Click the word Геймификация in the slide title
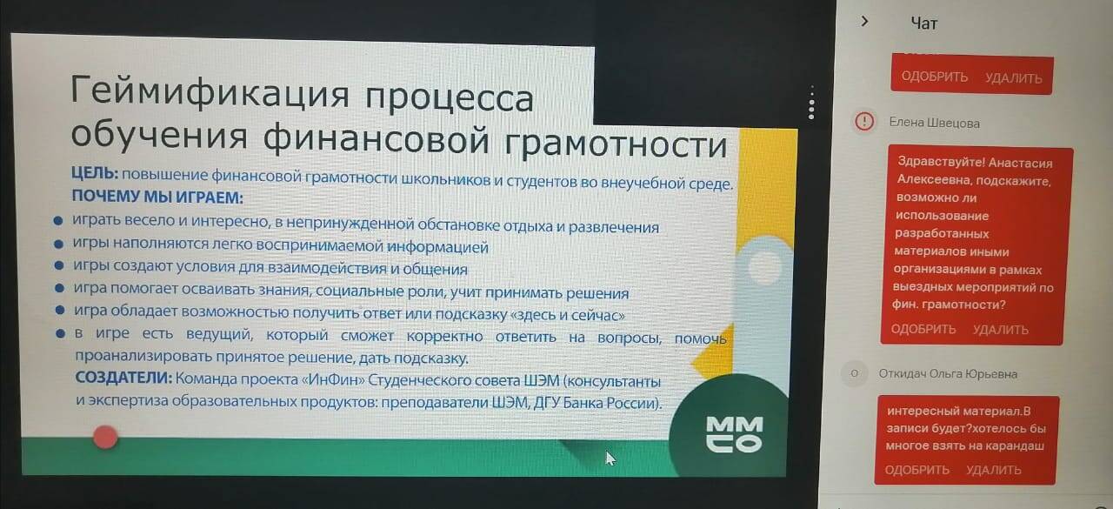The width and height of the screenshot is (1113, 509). (x=210, y=92)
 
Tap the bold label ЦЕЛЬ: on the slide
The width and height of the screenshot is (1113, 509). (x=95, y=173)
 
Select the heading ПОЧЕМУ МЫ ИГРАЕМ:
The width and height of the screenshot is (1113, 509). (x=157, y=197)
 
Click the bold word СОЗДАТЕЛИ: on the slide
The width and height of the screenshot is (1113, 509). (x=123, y=378)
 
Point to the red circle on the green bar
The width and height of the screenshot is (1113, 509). (x=105, y=438)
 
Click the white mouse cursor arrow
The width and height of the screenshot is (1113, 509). (x=610, y=459)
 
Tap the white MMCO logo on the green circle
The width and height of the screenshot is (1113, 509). (x=735, y=434)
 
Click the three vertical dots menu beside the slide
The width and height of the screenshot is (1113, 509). (x=811, y=103)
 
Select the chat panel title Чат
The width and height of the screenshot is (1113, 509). (x=924, y=23)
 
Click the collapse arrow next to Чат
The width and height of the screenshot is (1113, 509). (x=865, y=22)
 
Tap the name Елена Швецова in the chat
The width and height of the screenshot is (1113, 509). (x=934, y=123)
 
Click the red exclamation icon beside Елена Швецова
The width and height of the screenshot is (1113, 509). (x=864, y=121)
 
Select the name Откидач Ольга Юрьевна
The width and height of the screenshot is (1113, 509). (x=948, y=374)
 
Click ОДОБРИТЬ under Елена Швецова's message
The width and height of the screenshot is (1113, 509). (x=923, y=329)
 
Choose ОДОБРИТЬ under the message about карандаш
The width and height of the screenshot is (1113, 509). (x=917, y=470)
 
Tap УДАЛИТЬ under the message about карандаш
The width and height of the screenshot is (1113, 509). (x=994, y=470)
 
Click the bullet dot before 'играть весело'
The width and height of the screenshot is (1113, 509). (x=58, y=220)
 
